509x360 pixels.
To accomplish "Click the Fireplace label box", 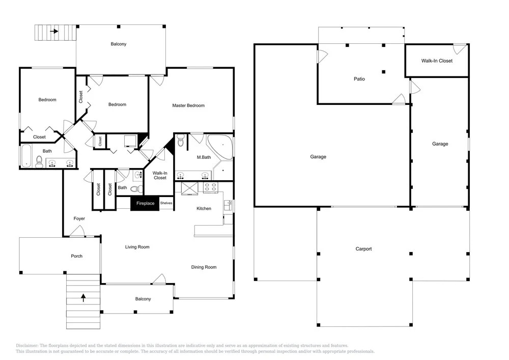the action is tap(145, 204).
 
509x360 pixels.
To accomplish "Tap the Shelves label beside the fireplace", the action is tap(166, 203).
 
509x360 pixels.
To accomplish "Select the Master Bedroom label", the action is tap(188, 105).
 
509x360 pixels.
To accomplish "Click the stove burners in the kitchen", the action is tap(210, 187).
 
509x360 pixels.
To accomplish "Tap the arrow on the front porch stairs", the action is tap(83, 298).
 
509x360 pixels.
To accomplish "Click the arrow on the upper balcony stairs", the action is tap(54, 31).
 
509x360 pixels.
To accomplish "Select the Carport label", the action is tap(363, 249).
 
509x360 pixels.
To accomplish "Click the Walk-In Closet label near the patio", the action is tap(437, 61).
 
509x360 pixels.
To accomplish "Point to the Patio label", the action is tap(359, 79).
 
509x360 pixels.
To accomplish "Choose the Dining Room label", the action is tap(204, 267).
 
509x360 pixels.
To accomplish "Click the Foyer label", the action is tap(79, 219).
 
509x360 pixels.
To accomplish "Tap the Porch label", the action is tap(77, 256).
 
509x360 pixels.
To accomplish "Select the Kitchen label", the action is tap(204, 208).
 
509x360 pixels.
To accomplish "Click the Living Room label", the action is tap(137, 247).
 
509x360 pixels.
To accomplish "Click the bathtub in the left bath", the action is tap(26, 156).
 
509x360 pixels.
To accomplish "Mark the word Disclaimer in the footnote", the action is tap(27, 346).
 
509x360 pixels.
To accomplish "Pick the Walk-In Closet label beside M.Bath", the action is tap(160, 175).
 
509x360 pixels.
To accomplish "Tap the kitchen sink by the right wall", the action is tap(228, 206).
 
